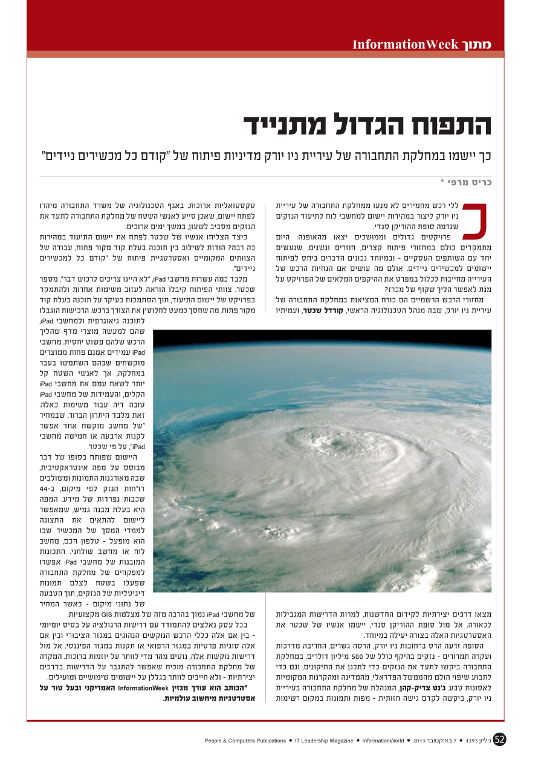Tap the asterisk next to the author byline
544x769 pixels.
coord(442,181)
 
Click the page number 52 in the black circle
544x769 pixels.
coord(499,740)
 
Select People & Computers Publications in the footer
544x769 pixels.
coord(245,741)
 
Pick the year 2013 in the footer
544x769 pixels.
coord(421,741)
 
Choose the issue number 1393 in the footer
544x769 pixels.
coord(473,741)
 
